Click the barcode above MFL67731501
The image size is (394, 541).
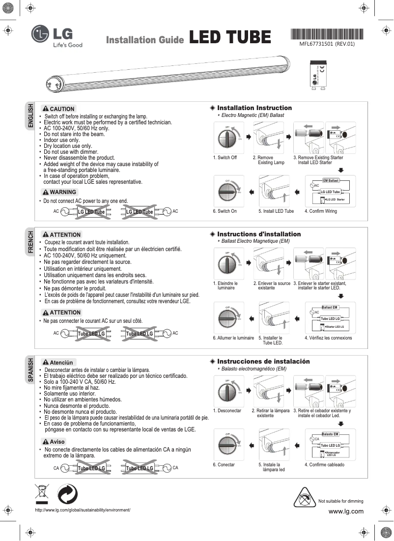[x=327, y=34]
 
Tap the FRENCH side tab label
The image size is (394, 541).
[x=30, y=242]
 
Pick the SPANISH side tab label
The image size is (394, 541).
[x=30, y=370]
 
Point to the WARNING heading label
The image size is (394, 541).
[x=59, y=192]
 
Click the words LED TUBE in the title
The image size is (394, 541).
[x=230, y=37]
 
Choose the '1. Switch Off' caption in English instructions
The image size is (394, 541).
[x=225, y=158]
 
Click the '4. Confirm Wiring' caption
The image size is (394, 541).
[x=320, y=211]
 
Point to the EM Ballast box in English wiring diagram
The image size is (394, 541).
[x=331, y=181]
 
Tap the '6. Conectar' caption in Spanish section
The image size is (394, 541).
[x=224, y=464]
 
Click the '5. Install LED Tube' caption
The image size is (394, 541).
[x=276, y=211]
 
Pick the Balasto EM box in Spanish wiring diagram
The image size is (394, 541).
[x=330, y=434]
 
